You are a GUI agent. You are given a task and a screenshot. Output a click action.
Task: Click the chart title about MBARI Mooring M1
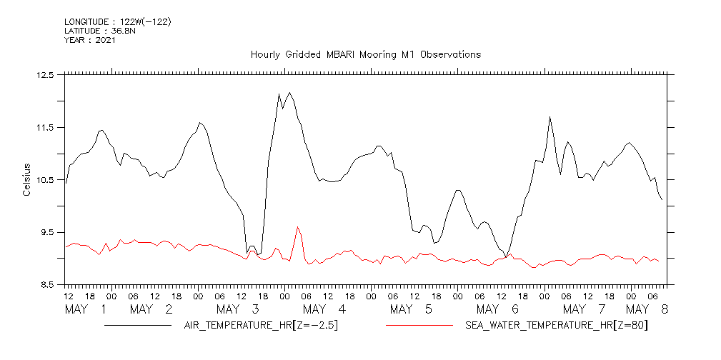[365, 54]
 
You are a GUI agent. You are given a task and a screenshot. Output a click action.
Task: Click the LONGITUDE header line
[118, 21]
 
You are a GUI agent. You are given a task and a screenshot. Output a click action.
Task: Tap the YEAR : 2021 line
[90, 40]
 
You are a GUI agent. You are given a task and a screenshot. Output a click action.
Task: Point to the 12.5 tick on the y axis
[44, 74]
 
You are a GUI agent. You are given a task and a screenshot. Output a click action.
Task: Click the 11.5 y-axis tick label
[44, 127]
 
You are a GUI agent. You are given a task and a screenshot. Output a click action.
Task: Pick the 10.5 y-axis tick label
[44, 179]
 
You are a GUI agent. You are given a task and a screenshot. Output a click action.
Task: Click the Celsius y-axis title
[26, 179]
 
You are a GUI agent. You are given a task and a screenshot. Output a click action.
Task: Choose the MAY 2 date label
[152, 309]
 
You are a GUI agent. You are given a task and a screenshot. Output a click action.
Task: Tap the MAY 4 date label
[324, 309]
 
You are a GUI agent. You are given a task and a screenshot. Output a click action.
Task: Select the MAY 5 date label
[412, 309]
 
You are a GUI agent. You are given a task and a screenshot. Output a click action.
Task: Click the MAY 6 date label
[497, 309]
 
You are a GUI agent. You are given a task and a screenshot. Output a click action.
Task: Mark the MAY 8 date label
[647, 309]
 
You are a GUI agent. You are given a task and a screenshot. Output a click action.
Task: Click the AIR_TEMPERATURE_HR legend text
[261, 326]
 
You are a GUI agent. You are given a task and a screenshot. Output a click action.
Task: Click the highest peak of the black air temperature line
[289, 92]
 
